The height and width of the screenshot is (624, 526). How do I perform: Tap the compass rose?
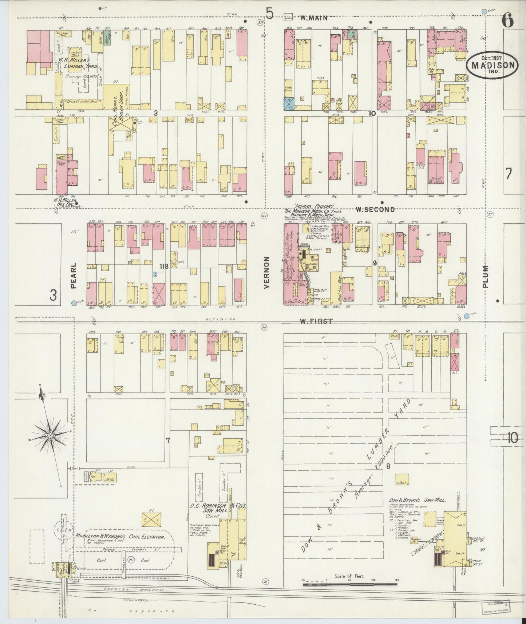tap(50, 435)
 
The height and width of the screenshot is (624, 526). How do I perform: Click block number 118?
tap(163, 266)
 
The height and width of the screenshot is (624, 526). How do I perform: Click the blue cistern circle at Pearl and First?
tap(74, 303)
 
